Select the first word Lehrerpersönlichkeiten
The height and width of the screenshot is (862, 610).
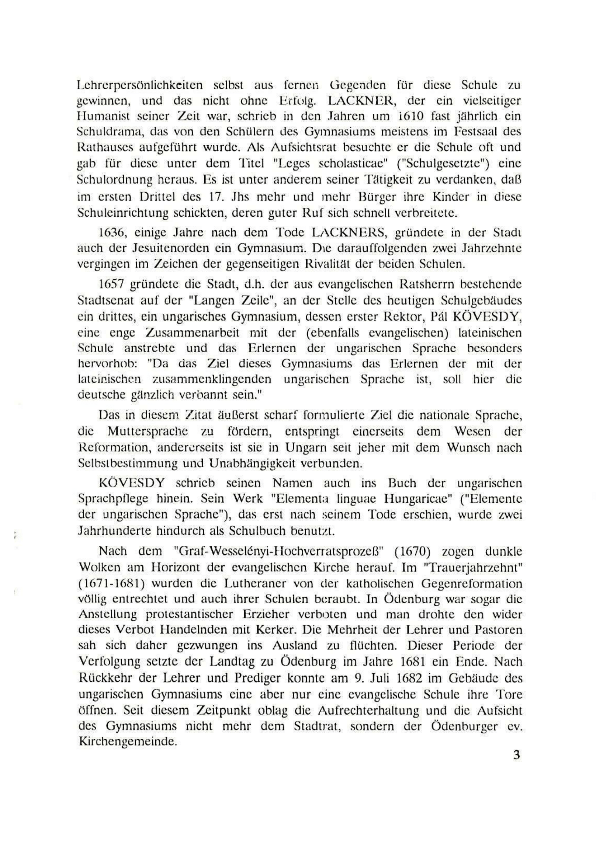[x=140, y=85]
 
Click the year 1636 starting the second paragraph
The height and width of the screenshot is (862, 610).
[x=108, y=233]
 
